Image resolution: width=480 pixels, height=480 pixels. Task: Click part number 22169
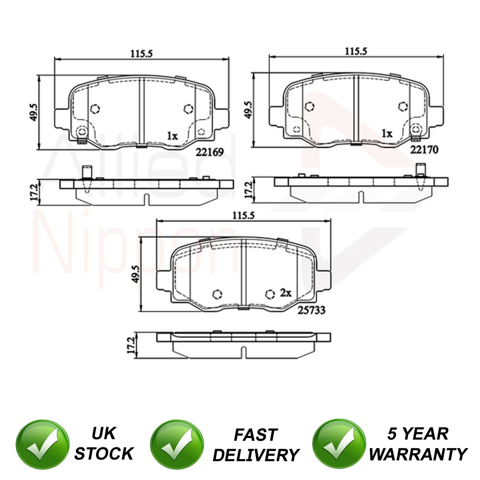[x=210, y=152]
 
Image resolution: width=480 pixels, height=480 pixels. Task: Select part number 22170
[x=424, y=150]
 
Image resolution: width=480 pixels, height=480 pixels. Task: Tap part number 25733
[x=311, y=310]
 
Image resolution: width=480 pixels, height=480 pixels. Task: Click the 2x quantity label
[x=286, y=293]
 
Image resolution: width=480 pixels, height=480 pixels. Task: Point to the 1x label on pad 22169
[x=172, y=136]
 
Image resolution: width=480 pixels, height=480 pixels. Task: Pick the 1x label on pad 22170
[x=387, y=134]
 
